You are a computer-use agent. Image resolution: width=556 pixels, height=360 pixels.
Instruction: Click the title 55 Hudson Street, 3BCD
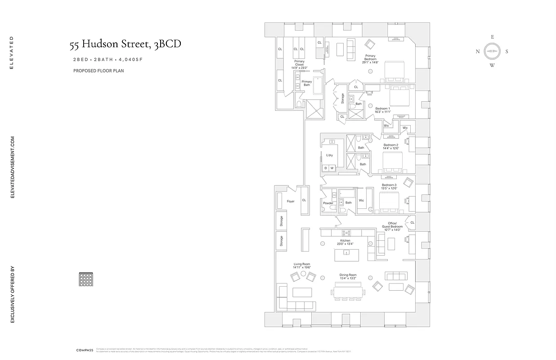point(126,45)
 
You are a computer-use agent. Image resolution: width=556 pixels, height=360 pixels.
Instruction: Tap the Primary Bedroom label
point(370,59)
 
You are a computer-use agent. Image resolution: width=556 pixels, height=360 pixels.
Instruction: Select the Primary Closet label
point(299,64)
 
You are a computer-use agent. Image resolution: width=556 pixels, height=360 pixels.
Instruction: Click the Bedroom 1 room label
point(383,110)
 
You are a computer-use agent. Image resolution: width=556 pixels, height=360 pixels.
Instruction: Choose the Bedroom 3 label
point(389,187)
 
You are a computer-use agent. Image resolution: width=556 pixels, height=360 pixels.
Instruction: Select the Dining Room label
point(348,277)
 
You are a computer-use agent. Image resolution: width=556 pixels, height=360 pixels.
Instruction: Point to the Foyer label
point(291,201)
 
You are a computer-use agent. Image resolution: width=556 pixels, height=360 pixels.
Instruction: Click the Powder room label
point(328,203)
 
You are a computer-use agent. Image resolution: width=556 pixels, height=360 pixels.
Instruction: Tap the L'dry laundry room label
point(329,155)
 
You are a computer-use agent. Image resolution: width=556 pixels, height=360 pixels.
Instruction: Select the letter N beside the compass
point(478,51)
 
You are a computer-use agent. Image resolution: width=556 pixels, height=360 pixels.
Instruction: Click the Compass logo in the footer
point(85,350)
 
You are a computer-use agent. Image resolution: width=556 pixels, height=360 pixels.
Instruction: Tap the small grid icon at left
point(85,279)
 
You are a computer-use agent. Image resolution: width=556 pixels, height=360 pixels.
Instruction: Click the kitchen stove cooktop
point(347,233)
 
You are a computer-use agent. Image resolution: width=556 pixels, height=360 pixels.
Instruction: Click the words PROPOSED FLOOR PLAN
point(99,71)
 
